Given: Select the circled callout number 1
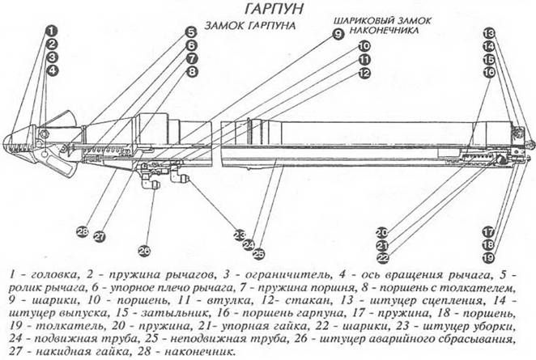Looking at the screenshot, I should click(x=50, y=32).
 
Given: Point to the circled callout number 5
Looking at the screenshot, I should click(x=191, y=32).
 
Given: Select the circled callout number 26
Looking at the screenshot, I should click(x=144, y=249).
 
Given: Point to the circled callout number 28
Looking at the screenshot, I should click(x=82, y=231).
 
